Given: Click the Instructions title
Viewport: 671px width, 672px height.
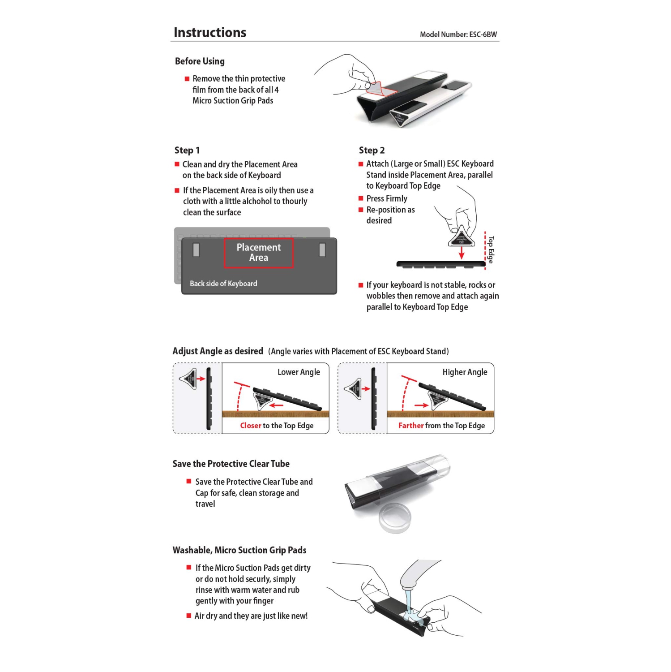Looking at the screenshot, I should pyautogui.click(x=209, y=33).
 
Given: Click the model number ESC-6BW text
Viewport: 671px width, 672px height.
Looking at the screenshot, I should pyautogui.click(x=458, y=34).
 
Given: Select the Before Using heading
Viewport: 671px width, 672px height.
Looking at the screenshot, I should pyautogui.click(x=200, y=61).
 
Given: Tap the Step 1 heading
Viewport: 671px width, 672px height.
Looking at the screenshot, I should pyautogui.click(x=187, y=151).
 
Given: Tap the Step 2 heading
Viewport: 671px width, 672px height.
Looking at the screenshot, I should pyautogui.click(x=371, y=151).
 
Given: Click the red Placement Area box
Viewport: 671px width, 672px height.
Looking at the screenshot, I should pyautogui.click(x=258, y=253).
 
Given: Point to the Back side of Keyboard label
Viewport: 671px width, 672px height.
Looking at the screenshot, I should pyautogui.click(x=223, y=284).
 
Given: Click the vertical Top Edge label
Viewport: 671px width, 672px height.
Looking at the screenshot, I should pyautogui.click(x=491, y=250).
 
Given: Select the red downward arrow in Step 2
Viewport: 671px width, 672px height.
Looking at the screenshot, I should pyautogui.click(x=462, y=253).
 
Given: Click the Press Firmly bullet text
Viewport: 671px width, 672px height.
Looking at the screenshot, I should pyautogui.click(x=386, y=198).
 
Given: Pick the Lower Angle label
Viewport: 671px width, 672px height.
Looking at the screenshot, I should pyautogui.click(x=299, y=372).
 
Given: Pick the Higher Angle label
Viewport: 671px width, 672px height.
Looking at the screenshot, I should pyautogui.click(x=465, y=372).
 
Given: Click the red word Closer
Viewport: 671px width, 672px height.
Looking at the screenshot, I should pyautogui.click(x=250, y=426).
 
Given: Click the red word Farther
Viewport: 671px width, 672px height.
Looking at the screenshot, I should pyautogui.click(x=410, y=426).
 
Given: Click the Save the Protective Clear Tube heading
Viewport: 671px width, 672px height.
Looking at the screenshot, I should pyautogui.click(x=231, y=464).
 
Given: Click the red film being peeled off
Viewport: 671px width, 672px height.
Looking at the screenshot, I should pyautogui.click(x=379, y=89).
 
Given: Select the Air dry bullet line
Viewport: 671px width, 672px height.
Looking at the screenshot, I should pyautogui.click(x=251, y=616).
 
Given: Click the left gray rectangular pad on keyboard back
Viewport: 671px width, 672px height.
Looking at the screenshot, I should pyautogui.click(x=196, y=250).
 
